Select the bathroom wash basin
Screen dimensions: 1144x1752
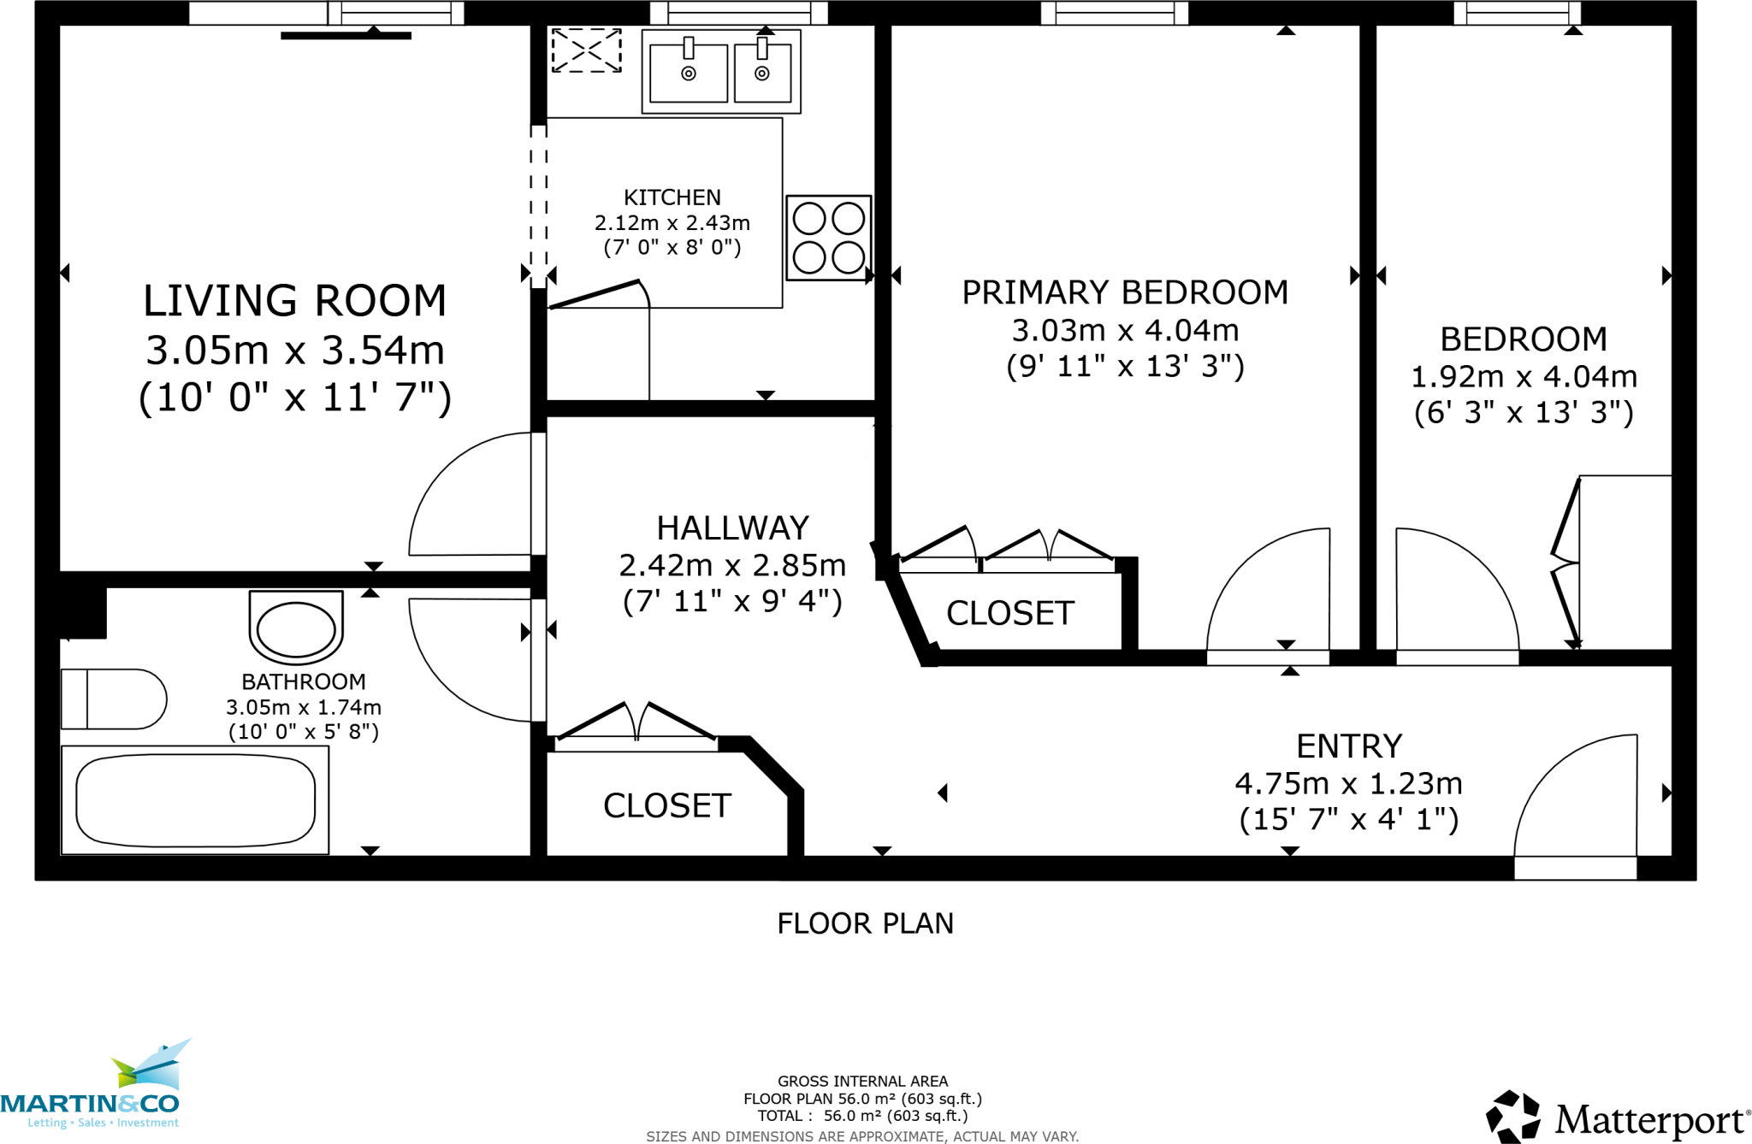click(296, 629)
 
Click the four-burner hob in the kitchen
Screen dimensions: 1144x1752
click(828, 238)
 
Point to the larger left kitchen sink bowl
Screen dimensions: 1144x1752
click(688, 74)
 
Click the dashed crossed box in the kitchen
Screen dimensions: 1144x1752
click(586, 50)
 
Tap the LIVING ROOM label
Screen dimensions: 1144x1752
click(294, 301)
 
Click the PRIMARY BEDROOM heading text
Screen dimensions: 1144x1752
click(1124, 292)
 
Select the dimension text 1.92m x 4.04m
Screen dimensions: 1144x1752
click(1523, 376)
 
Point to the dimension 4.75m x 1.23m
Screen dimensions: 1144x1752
click(1348, 783)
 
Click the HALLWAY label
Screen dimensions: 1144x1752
click(732, 528)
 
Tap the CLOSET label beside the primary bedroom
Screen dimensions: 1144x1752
click(1009, 613)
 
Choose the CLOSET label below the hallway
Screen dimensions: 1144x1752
click(667, 805)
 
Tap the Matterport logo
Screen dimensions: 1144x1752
click(1617, 1117)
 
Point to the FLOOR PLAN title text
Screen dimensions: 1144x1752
click(865, 923)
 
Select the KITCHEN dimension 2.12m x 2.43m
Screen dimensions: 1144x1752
click(672, 223)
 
